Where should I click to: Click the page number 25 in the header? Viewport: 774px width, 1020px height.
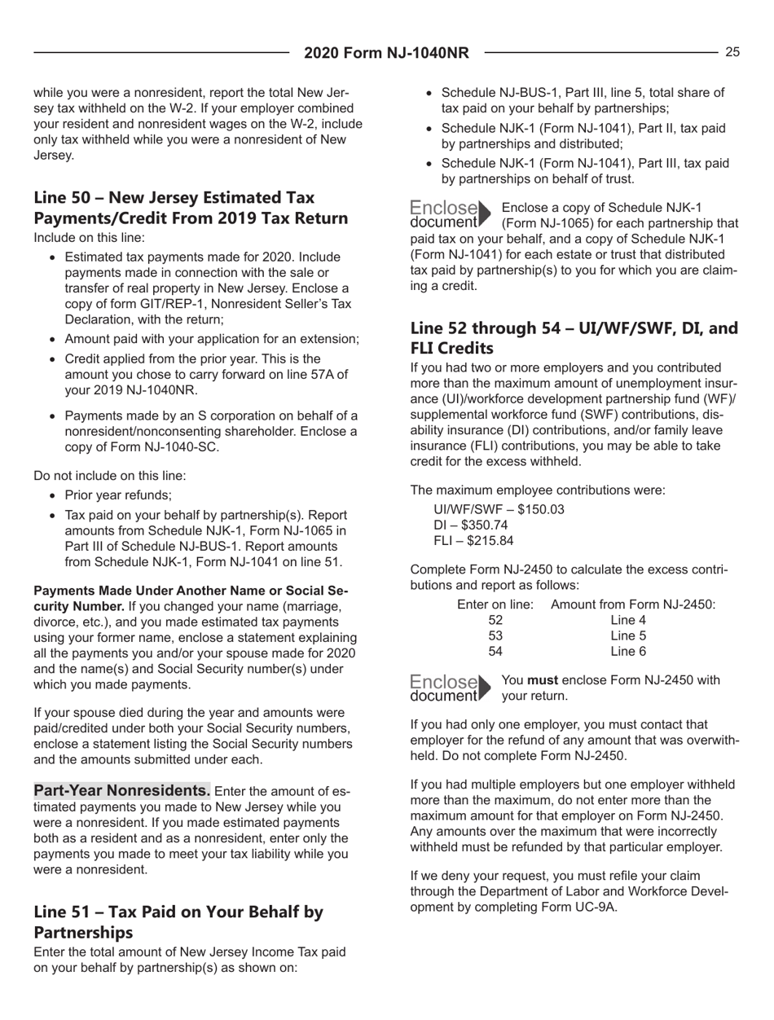pyautogui.click(x=732, y=53)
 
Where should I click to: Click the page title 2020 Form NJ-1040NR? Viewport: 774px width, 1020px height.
pyautogui.click(x=386, y=54)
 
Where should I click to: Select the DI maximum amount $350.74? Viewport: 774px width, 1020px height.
pyautogui.click(x=508, y=525)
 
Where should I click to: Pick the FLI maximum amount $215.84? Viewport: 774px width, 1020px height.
pyautogui.click(x=510, y=540)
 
